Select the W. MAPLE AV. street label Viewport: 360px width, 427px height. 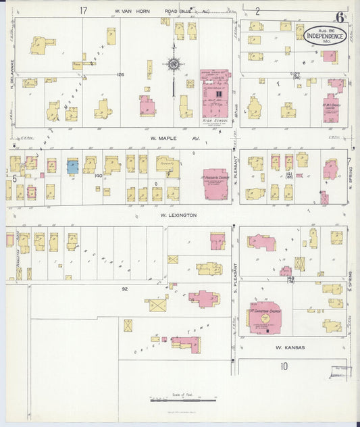pyautogui.click(x=174, y=139)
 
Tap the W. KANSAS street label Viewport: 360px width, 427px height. pyautogui.click(x=290, y=347)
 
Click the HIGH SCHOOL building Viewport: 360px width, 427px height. pyautogui.click(x=215, y=92)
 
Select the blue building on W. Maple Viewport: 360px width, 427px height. pyautogui.click(x=72, y=166)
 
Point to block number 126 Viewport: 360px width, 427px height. pyautogui.click(x=121, y=74)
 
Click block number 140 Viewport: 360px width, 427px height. pyautogui.click(x=99, y=176)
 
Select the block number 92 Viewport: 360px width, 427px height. pyautogui.click(x=125, y=289)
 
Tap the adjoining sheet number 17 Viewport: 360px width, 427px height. pyautogui.click(x=83, y=10)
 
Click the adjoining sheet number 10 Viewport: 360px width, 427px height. pyautogui.click(x=284, y=366)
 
